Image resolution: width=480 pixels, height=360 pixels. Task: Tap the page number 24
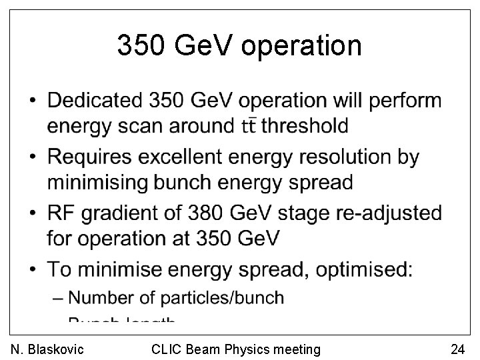(457, 349)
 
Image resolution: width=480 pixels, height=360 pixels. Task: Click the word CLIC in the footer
(165, 349)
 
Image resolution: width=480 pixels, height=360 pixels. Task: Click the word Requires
(89, 157)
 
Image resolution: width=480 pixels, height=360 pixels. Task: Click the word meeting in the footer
(297, 349)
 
